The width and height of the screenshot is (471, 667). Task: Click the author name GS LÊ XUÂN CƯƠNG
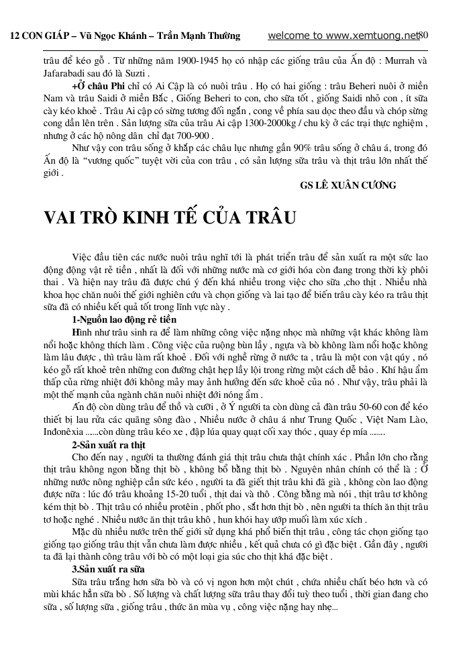coord(348,185)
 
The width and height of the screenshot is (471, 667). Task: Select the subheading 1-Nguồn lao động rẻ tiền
coord(120,319)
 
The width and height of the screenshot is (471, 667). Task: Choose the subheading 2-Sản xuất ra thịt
coord(109,445)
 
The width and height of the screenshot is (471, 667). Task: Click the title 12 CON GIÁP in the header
coord(37,36)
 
